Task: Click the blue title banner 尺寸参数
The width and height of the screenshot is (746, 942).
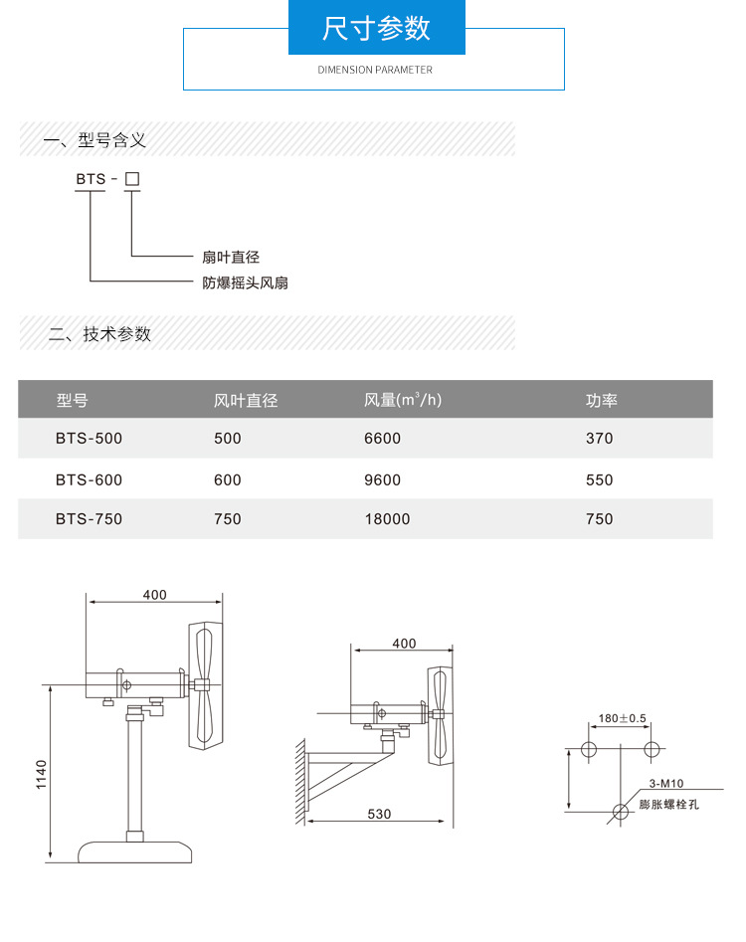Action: [x=376, y=28]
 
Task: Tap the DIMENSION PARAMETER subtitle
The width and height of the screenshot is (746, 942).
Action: [x=375, y=71]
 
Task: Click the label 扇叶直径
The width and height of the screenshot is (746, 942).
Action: [x=231, y=258]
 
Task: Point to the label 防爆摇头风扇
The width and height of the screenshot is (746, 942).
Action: [x=246, y=283]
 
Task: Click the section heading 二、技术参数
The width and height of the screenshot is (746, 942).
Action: [x=100, y=334]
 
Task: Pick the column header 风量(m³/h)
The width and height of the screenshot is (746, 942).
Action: [x=403, y=401]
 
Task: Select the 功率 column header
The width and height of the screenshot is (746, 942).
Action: [x=602, y=401]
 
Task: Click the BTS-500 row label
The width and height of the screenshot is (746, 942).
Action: [x=90, y=438]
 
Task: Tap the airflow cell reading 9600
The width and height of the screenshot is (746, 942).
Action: [x=383, y=480]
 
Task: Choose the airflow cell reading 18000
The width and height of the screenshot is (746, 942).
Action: [x=387, y=519]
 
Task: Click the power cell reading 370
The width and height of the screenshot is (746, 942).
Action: [x=600, y=438]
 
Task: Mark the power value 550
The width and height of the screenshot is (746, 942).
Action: [x=600, y=480]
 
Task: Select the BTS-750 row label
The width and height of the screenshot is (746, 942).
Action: [x=90, y=519]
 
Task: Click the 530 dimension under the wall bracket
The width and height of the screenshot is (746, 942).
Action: [x=379, y=814]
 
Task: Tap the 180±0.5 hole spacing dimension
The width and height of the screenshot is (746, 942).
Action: [x=623, y=718]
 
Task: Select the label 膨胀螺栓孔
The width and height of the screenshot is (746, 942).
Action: [x=668, y=804]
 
